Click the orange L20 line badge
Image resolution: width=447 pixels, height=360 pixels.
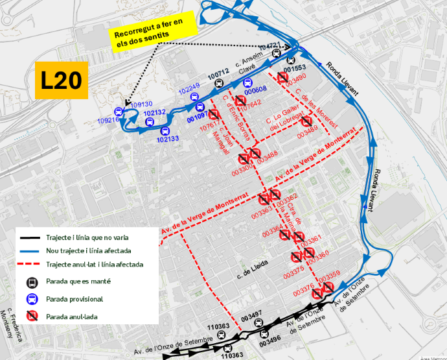(x=61, y=80)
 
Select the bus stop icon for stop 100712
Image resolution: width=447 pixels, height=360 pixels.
(x=219, y=84)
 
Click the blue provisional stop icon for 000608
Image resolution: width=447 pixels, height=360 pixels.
(x=247, y=82)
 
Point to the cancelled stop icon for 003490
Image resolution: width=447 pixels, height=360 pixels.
(x=283, y=78)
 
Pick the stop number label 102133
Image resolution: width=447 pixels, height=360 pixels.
(x=168, y=139)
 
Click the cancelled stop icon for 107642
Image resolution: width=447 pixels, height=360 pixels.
(x=240, y=101)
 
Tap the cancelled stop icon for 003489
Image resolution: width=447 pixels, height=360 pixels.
(x=306, y=121)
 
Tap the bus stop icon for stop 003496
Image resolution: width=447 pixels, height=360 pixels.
(x=264, y=333)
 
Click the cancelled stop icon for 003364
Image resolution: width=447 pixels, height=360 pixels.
(x=286, y=235)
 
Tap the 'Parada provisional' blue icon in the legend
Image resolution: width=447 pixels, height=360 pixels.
(x=30, y=299)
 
